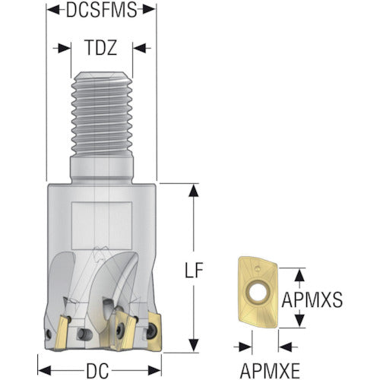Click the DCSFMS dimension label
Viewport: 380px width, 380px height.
click(x=101, y=10)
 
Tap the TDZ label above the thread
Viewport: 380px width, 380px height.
click(x=101, y=48)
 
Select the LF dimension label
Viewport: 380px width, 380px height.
click(x=194, y=270)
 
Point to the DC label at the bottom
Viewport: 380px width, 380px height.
click(x=97, y=370)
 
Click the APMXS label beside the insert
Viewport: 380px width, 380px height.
click(x=312, y=299)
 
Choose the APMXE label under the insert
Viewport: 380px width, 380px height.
click(x=270, y=371)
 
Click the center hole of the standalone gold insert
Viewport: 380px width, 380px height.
click(x=258, y=292)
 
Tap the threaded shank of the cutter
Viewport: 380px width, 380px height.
click(x=102, y=114)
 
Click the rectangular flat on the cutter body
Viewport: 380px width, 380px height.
click(x=102, y=226)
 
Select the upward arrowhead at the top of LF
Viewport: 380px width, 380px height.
click(x=194, y=191)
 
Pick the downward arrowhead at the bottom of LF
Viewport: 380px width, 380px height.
click(x=194, y=345)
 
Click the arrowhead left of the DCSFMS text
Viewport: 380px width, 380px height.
click(x=54, y=10)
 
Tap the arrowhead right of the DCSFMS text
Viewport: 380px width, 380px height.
click(x=149, y=10)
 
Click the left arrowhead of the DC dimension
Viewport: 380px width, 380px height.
click(x=45, y=370)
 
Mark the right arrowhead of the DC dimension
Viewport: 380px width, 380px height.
click(x=154, y=370)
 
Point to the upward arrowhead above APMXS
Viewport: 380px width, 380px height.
click(x=299, y=275)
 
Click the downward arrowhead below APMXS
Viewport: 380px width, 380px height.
click(x=299, y=320)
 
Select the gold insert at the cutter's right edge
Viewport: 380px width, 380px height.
click(x=154, y=331)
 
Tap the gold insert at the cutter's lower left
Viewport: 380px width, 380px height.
click(x=62, y=332)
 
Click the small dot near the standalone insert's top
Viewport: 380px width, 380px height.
click(x=258, y=268)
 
